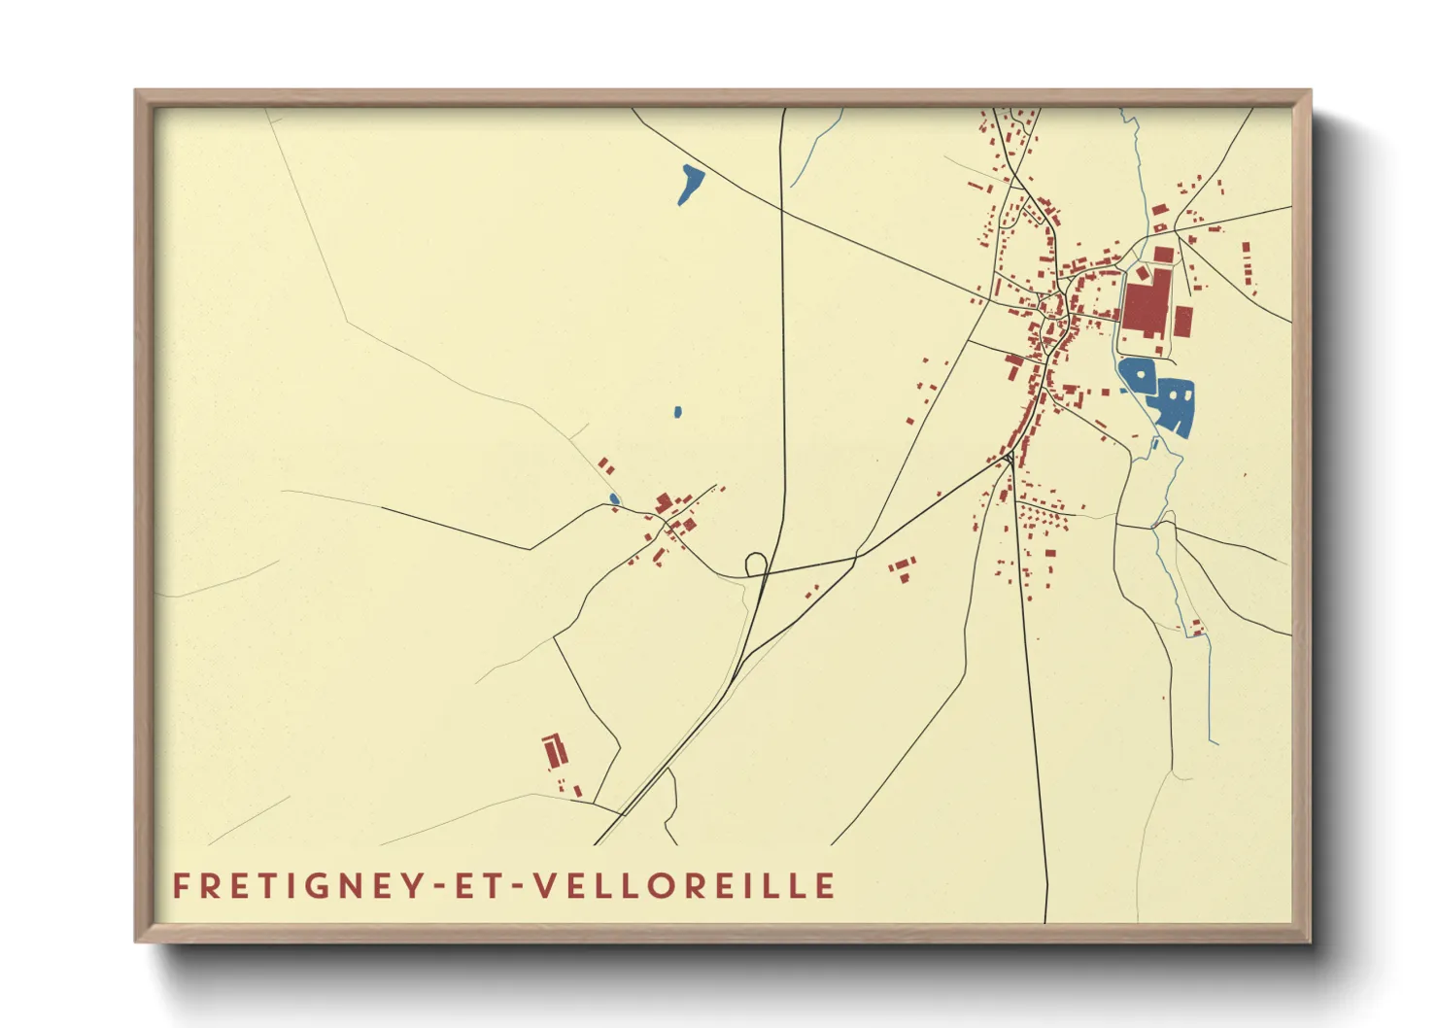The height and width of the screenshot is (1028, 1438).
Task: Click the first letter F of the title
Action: tap(181, 886)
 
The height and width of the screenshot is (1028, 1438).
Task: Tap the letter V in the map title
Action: tap(545, 886)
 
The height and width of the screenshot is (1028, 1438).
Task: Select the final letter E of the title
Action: tap(826, 886)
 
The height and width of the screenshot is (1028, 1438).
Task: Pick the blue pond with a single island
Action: tap(1136, 375)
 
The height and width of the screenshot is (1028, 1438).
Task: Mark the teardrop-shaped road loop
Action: tap(756, 563)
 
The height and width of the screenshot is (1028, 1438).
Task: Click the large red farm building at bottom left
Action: tap(554, 751)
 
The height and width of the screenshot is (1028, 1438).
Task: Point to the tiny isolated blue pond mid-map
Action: tap(677, 412)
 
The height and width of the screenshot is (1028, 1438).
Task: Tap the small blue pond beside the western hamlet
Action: tap(613, 499)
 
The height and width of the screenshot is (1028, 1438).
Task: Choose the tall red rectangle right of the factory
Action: tap(1183, 321)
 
